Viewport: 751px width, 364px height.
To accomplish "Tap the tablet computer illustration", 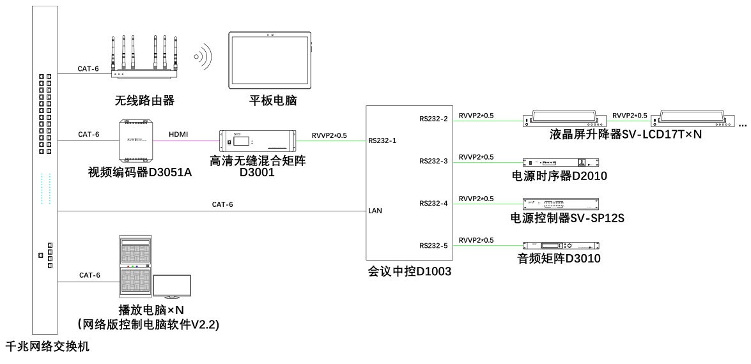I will (x=271, y=61).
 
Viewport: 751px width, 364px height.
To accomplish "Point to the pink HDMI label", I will (x=179, y=134).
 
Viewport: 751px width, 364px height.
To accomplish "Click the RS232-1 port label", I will (x=382, y=140).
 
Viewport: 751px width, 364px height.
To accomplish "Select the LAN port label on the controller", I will (x=375, y=210).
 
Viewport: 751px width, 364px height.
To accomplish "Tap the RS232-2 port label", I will (x=433, y=118).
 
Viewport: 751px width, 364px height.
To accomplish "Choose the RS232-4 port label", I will (x=433, y=203).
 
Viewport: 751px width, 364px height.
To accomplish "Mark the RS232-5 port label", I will (x=433, y=245).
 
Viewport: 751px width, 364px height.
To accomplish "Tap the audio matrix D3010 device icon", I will (x=562, y=246).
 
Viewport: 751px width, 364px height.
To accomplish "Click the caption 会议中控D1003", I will (x=409, y=272).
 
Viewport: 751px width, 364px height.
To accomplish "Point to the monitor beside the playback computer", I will (x=171, y=287).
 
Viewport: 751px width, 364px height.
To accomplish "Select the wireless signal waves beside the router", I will (x=203, y=57).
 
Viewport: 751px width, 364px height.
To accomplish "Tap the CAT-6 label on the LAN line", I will (x=222, y=204).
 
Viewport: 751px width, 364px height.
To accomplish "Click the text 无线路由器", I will (x=144, y=100).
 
